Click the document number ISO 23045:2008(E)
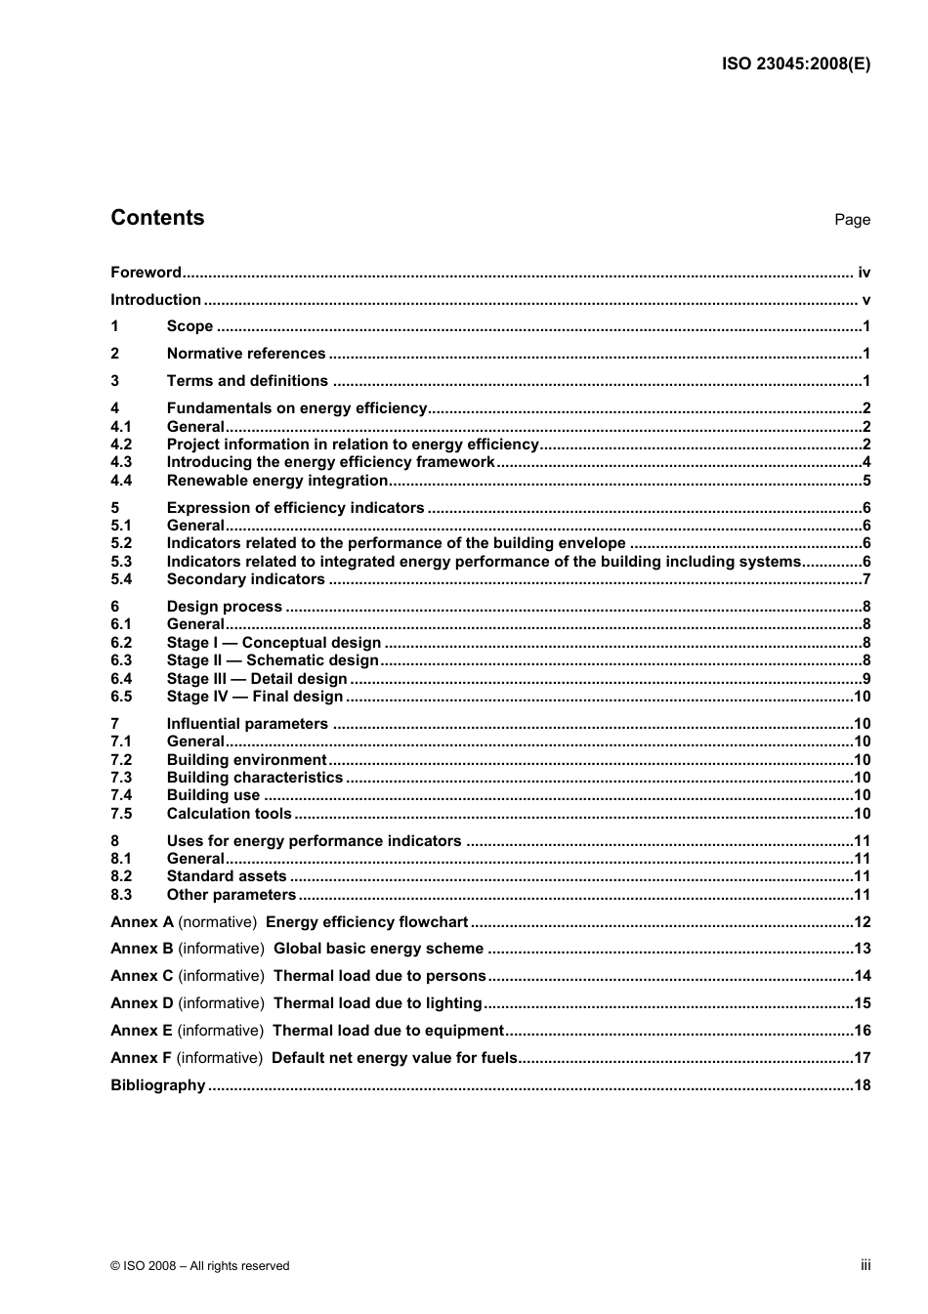796,64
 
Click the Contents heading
157,218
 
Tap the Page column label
852,220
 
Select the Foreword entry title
146,273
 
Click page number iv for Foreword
864,273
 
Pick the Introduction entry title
155,300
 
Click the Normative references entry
246,354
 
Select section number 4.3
121,462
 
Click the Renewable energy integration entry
277,481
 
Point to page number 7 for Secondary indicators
866,579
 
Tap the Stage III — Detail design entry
257,679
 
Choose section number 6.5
121,697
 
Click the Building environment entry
246,760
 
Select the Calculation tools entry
229,814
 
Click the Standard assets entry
227,876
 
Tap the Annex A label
142,922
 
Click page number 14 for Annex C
862,976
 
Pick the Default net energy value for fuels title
394,1058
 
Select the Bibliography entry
157,1085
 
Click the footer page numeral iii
865,1265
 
